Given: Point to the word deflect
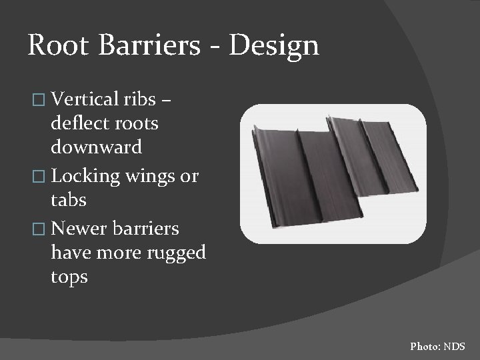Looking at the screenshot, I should click(80, 123).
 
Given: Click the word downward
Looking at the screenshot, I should click(96, 146).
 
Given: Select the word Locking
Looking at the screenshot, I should click(85, 177).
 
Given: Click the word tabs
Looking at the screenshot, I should click(69, 199).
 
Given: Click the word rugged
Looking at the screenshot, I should click(174, 253).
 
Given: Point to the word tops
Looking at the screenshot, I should click(69, 277).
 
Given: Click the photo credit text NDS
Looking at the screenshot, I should click(454, 347).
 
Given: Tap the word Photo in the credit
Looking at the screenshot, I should click(424, 347).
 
